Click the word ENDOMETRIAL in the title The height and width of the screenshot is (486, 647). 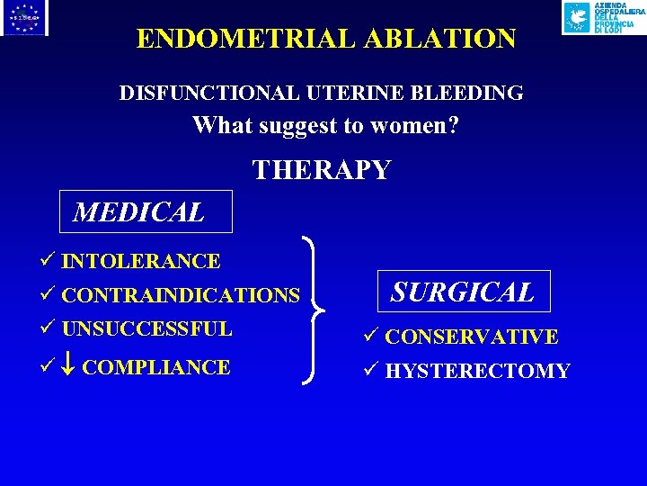221,39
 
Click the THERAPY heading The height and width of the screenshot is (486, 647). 322,170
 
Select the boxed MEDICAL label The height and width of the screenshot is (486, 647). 139,212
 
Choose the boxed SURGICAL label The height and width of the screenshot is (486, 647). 463,292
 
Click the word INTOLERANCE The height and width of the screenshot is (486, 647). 141,262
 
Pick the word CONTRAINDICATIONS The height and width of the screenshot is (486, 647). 181,295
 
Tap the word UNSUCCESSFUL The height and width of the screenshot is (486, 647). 147,328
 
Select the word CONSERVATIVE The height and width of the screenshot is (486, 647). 472,337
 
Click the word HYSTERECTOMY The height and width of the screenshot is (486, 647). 477,371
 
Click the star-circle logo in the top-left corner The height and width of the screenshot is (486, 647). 24,18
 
